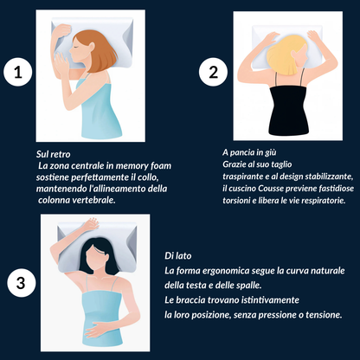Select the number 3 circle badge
(x=21, y=282)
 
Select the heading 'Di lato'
(x=177, y=257)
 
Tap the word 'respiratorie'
(x=321, y=200)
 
